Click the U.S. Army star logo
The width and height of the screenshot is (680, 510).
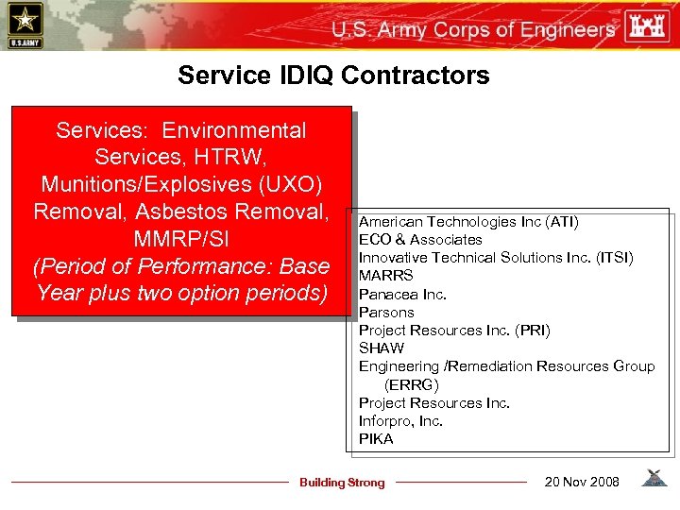click(24, 25)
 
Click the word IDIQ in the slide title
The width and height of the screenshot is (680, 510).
click(287, 76)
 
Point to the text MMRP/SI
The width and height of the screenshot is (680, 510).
click(180, 238)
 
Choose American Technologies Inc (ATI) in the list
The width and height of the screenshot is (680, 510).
click(468, 222)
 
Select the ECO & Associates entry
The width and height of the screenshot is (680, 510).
click(420, 240)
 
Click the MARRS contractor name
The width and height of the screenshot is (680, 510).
click(385, 276)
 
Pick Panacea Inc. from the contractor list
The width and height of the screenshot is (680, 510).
click(402, 294)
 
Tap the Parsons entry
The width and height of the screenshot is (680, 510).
click(386, 312)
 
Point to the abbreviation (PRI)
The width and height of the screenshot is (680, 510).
click(529, 331)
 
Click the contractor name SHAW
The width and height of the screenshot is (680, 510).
click(382, 348)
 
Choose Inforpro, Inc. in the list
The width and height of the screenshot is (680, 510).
click(400, 421)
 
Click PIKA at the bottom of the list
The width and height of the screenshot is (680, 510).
click(376, 439)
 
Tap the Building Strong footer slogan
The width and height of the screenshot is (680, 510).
click(342, 483)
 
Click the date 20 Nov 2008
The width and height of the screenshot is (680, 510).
click(582, 483)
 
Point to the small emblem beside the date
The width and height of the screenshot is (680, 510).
click(653, 479)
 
